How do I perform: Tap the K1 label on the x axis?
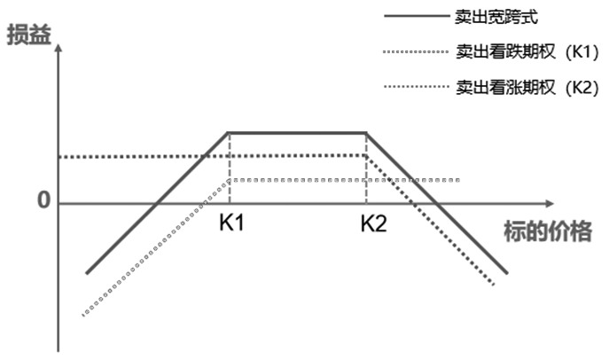(x=231, y=223)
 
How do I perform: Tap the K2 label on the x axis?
(x=373, y=223)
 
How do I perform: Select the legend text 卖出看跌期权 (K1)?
(x=528, y=52)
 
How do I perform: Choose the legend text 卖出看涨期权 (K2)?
(x=528, y=88)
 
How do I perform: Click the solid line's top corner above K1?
(x=230, y=133)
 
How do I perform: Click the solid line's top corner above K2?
(x=366, y=133)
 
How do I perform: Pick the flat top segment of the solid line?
(x=298, y=133)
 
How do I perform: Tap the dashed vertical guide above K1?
(x=230, y=168)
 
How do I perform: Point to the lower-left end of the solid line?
(x=87, y=273)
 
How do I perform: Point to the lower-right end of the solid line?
(x=507, y=273)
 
